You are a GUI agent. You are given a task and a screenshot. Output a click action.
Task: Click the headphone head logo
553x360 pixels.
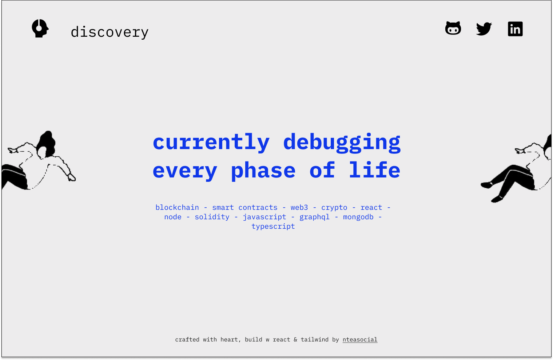coord(40,28)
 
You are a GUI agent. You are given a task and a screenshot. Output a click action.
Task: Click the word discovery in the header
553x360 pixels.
coord(110,32)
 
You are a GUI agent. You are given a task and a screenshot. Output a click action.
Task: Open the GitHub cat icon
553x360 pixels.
coord(453,28)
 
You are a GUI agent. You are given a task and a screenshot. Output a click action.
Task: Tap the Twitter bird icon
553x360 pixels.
coord(484,29)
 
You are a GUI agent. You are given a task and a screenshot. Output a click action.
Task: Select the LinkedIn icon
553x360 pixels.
coord(515,29)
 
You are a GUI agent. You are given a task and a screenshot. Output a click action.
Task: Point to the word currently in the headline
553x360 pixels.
coord(211,142)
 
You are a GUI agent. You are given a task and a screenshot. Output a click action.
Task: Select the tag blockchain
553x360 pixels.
coord(177,208)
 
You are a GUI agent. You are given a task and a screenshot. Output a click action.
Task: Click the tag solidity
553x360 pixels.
coord(212,217)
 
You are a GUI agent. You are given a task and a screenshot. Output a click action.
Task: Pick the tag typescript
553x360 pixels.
coord(273,227)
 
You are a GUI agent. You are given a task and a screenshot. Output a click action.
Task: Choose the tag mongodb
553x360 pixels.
coord(358,217)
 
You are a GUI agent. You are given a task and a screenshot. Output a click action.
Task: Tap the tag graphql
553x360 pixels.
coord(314,217)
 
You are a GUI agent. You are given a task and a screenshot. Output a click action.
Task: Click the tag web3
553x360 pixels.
coord(299,208)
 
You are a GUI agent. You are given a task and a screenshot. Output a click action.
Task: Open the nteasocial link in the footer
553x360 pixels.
coord(360,340)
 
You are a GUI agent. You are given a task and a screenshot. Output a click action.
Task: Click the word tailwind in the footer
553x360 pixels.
coord(314,340)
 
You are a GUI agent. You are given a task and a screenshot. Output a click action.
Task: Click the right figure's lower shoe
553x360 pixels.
coord(497,199)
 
